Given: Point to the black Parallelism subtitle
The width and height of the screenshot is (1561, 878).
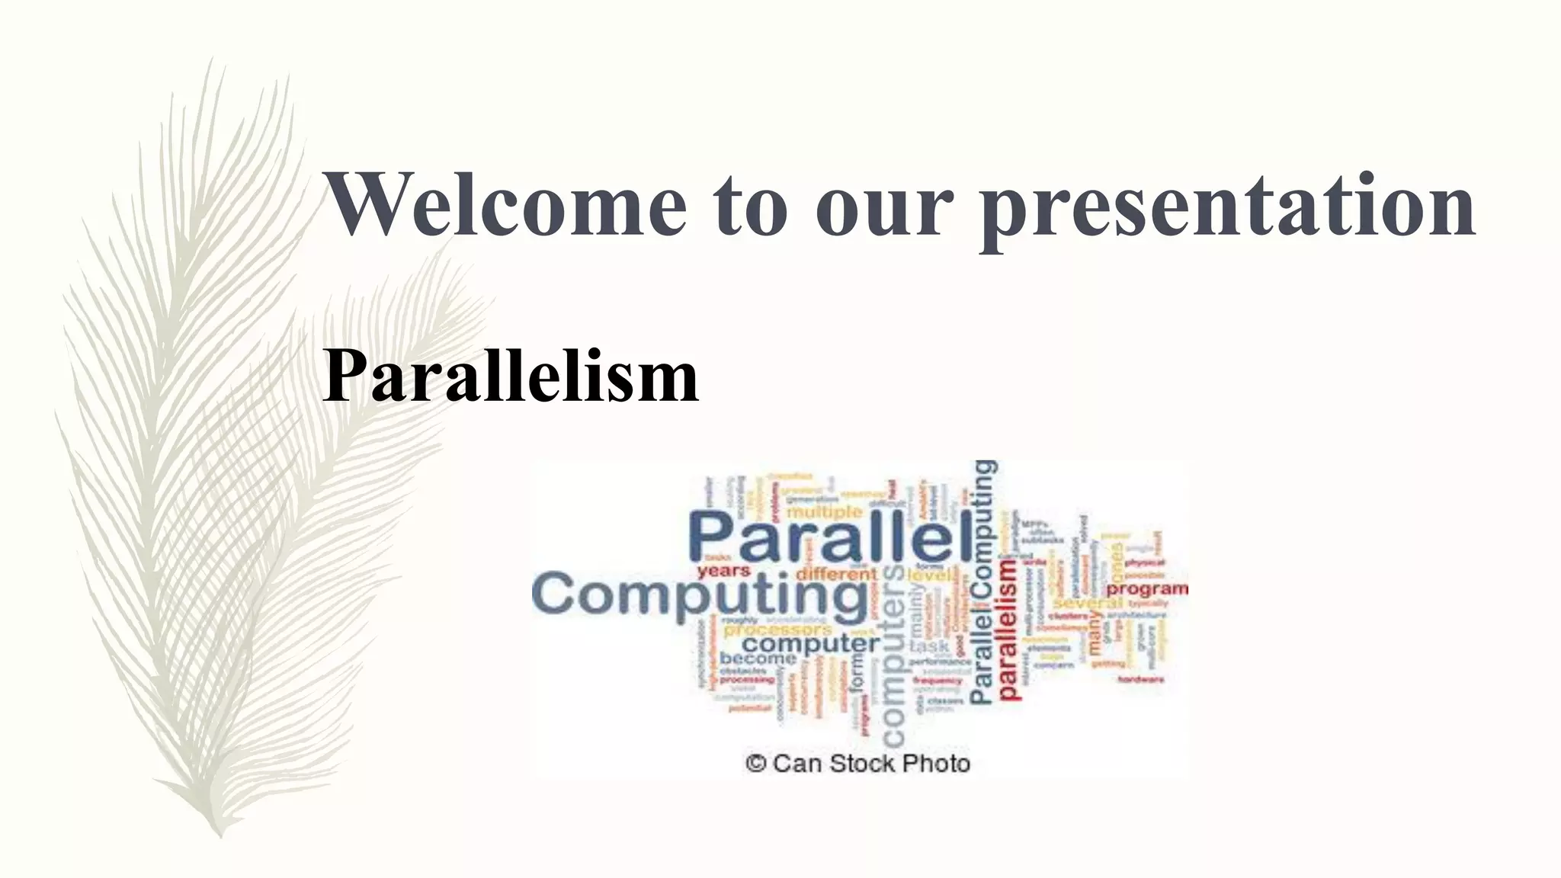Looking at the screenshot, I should point(510,376).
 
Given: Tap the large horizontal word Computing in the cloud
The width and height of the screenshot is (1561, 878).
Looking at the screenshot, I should point(699,594).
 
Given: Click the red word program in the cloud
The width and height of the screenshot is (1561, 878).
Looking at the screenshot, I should point(1146,589).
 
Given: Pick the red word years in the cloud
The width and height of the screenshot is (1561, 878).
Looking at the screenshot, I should point(724,571).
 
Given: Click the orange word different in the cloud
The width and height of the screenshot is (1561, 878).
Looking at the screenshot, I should point(835,573).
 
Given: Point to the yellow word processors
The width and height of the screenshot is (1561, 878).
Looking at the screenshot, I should point(777,630).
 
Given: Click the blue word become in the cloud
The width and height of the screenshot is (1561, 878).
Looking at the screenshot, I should point(758,658).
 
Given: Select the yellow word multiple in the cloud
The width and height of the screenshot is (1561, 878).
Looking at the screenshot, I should point(824,511).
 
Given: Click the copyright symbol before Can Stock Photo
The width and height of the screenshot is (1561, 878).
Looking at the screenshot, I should point(755,763).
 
